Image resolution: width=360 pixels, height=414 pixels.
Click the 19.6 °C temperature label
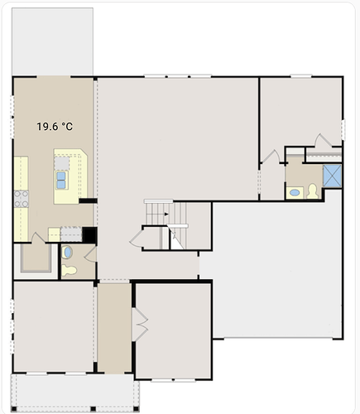click(55, 127)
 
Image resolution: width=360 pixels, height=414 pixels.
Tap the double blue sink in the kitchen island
click(61, 181)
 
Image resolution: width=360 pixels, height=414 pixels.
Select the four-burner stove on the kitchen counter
click(22, 199)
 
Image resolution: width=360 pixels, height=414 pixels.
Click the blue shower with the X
click(332, 176)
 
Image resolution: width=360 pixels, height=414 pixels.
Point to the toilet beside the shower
click(312, 191)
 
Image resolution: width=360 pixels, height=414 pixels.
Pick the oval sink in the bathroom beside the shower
click(295, 192)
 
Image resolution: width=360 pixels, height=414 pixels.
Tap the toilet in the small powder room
click(69, 271)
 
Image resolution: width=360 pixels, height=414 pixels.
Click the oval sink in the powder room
click(67, 252)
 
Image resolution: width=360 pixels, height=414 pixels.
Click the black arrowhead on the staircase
click(166, 214)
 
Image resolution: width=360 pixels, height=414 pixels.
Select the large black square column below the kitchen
click(89, 235)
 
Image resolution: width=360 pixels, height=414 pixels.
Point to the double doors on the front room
click(140, 325)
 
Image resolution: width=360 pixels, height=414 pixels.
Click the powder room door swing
click(90, 254)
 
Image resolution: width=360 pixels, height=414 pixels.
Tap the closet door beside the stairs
click(136, 238)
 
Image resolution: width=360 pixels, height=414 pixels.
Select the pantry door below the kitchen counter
click(38, 238)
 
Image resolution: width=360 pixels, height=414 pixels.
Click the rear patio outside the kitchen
click(52, 41)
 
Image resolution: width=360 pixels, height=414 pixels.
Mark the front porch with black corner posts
click(74, 392)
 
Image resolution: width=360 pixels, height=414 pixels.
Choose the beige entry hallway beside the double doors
click(114, 329)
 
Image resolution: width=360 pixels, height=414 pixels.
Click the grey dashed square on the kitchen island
click(62, 163)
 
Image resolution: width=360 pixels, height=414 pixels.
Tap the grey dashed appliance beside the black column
click(71, 234)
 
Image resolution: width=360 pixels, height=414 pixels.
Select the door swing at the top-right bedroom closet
click(324, 140)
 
